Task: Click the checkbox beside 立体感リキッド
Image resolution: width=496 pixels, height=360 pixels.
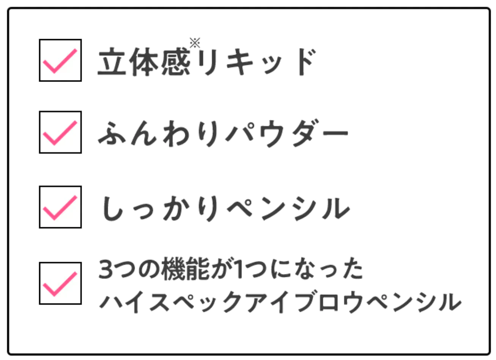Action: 60,60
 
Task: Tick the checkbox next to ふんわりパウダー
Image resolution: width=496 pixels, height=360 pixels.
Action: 60,132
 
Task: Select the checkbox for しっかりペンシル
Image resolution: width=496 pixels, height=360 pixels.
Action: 60,207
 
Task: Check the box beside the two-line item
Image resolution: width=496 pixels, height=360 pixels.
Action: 60,283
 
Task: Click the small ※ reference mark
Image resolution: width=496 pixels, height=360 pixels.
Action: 195,43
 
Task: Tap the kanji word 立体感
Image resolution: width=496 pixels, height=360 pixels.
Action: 144,62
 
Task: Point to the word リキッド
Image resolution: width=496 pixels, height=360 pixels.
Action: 257,62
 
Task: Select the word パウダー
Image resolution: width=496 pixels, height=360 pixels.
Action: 287,133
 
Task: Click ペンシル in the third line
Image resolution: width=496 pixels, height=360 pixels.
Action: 288,208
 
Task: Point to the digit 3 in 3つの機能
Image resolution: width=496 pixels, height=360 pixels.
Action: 105,269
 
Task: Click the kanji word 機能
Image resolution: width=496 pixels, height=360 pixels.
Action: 185,269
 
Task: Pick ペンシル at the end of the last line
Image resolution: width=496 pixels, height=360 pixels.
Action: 414,302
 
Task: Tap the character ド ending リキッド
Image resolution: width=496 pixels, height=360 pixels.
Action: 307,62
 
